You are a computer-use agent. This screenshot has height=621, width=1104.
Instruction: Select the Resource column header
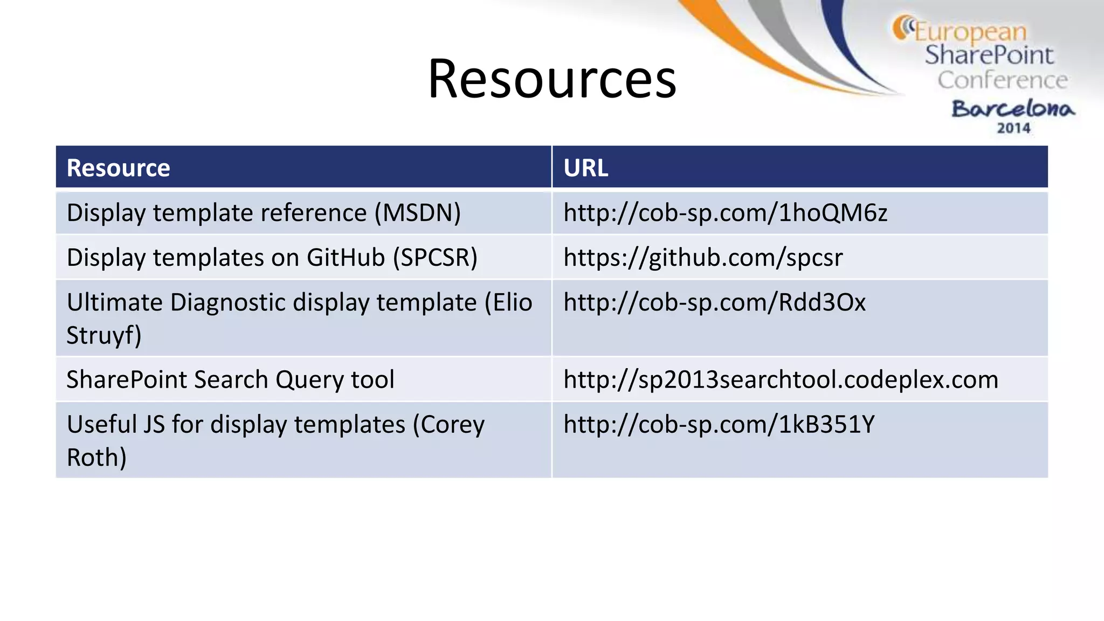coord(118,168)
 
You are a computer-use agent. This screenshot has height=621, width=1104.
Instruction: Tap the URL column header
coord(585,168)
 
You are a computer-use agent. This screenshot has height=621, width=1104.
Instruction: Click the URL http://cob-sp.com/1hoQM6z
coord(725,213)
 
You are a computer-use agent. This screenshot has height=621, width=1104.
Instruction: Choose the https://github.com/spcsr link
coord(703,258)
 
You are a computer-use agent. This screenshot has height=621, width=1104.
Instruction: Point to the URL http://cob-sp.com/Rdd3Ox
coord(714,302)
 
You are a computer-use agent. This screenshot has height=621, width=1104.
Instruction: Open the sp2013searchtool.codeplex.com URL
coord(781,379)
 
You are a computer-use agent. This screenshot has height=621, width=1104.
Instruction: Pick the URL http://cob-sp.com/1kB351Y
coord(719,424)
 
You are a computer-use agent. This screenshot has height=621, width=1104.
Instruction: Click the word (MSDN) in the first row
coord(418,213)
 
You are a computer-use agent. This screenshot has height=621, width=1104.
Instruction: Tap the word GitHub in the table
coord(346,258)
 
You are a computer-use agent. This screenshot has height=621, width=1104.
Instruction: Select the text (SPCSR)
coord(435,258)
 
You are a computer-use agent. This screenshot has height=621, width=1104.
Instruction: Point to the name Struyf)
coord(103,335)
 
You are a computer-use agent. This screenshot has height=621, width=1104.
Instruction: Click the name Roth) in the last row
coord(96,457)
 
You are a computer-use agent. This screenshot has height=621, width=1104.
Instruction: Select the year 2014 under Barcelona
coord(1013,128)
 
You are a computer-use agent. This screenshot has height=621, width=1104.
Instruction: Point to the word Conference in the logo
coord(1002,80)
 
